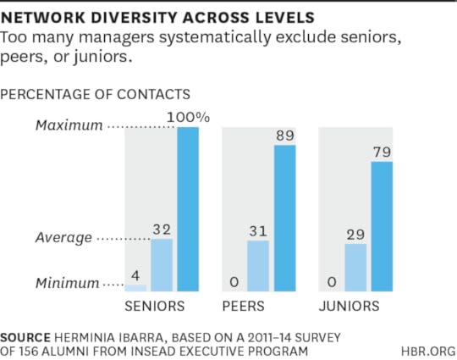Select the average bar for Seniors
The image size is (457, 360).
(162, 265)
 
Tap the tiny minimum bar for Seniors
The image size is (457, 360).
(136, 288)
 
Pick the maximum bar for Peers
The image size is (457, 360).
(284, 219)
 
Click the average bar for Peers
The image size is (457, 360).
(258, 266)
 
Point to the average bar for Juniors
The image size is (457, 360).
(355, 268)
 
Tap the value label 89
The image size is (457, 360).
(284, 136)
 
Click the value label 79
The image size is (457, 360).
(382, 152)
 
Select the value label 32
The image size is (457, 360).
(162, 229)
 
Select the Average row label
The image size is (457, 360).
(64, 238)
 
